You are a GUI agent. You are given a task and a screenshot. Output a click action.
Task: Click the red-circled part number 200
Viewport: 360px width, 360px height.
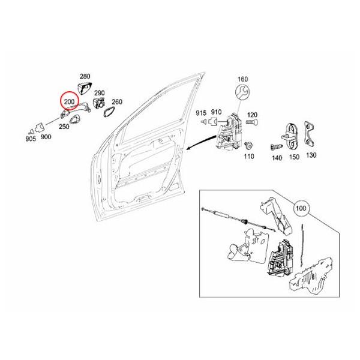tap(69, 101)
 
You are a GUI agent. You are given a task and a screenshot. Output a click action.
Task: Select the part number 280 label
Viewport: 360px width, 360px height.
tap(85, 76)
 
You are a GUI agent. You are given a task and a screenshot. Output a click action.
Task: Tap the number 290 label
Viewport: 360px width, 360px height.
tap(100, 93)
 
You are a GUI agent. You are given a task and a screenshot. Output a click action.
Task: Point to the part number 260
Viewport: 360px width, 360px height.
tap(116, 102)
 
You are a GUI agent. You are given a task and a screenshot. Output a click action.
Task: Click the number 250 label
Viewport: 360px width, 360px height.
tap(64, 127)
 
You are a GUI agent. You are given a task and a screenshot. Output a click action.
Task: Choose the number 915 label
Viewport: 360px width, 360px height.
tap(200, 112)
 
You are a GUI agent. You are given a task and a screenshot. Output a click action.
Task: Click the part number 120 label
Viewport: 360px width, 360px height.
tap(252, 115)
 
